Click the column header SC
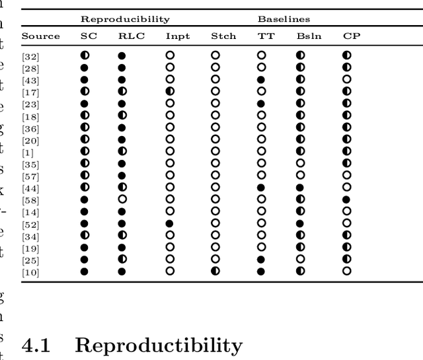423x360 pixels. click(88, 36)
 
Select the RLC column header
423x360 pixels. click(132, 36)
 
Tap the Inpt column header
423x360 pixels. click(177, 36)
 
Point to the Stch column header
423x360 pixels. click(223, 36)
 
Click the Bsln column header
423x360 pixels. click(309, 36)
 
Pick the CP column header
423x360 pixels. click(352, 36)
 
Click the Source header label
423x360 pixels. click(41, 36)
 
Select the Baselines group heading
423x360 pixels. click(284, 19)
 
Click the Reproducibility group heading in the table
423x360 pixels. click(125, 19)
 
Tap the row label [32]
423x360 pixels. click(30, 57)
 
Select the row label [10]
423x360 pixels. click(30, 272)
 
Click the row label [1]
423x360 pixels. click(27, 153)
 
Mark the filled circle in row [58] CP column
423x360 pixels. click(347, 199)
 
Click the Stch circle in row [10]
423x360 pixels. click(215, 271)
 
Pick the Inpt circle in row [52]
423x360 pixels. click(170, 223)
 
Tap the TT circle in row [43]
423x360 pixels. click(261, 79)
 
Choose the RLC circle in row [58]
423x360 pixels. click(122, 199)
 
